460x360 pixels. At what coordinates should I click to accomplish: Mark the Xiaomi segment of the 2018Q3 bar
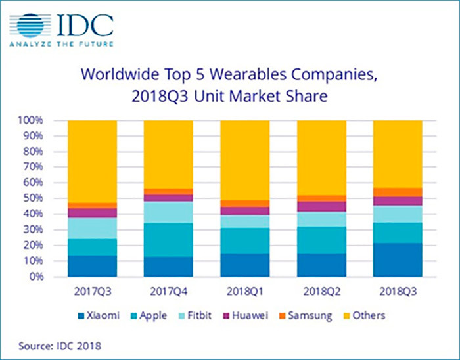click(x=398, y=260)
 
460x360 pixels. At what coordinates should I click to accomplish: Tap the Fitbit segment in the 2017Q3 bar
click(x=93, y=229)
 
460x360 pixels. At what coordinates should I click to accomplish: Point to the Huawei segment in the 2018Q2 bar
click(x=321, y=206)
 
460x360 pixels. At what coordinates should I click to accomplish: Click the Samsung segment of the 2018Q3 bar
click(x=398, y=192)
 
